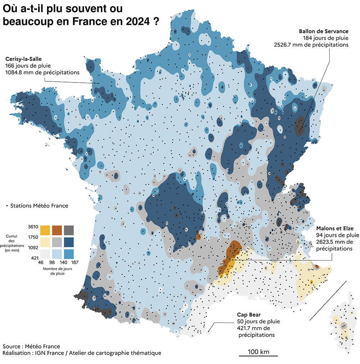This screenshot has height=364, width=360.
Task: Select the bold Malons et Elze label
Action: click(335, 228)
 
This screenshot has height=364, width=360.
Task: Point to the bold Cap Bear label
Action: click(248, 314)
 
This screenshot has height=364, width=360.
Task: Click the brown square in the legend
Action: click(57, 230)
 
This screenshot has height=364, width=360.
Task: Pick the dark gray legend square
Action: click(69, 230)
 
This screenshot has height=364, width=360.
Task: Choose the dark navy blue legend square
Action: click(69, 241)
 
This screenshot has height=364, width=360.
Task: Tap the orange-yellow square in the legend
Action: click(45, 230)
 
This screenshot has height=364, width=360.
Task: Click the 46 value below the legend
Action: click(41, 262)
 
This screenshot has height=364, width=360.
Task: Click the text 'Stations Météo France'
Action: click(39, 206)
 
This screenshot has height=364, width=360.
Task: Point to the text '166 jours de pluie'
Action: click(28, 66)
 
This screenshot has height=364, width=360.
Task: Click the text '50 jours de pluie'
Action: click(258, 322)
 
